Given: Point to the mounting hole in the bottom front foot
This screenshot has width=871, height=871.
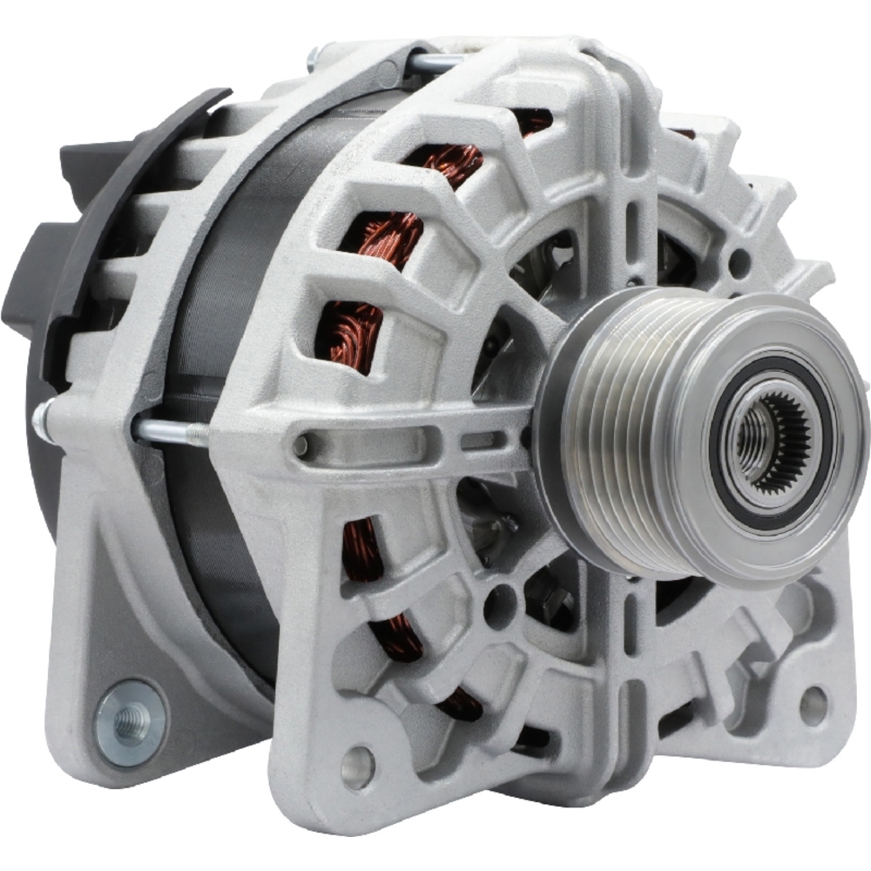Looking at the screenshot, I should pos(356,766).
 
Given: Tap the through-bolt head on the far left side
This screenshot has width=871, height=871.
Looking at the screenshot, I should pos(41,420).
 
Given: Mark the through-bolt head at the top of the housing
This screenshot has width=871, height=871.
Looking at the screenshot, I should pos(314,59).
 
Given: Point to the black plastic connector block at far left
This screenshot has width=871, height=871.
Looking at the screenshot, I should pos(26,279).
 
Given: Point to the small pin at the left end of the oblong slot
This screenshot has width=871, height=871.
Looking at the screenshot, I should pos(301,445).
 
